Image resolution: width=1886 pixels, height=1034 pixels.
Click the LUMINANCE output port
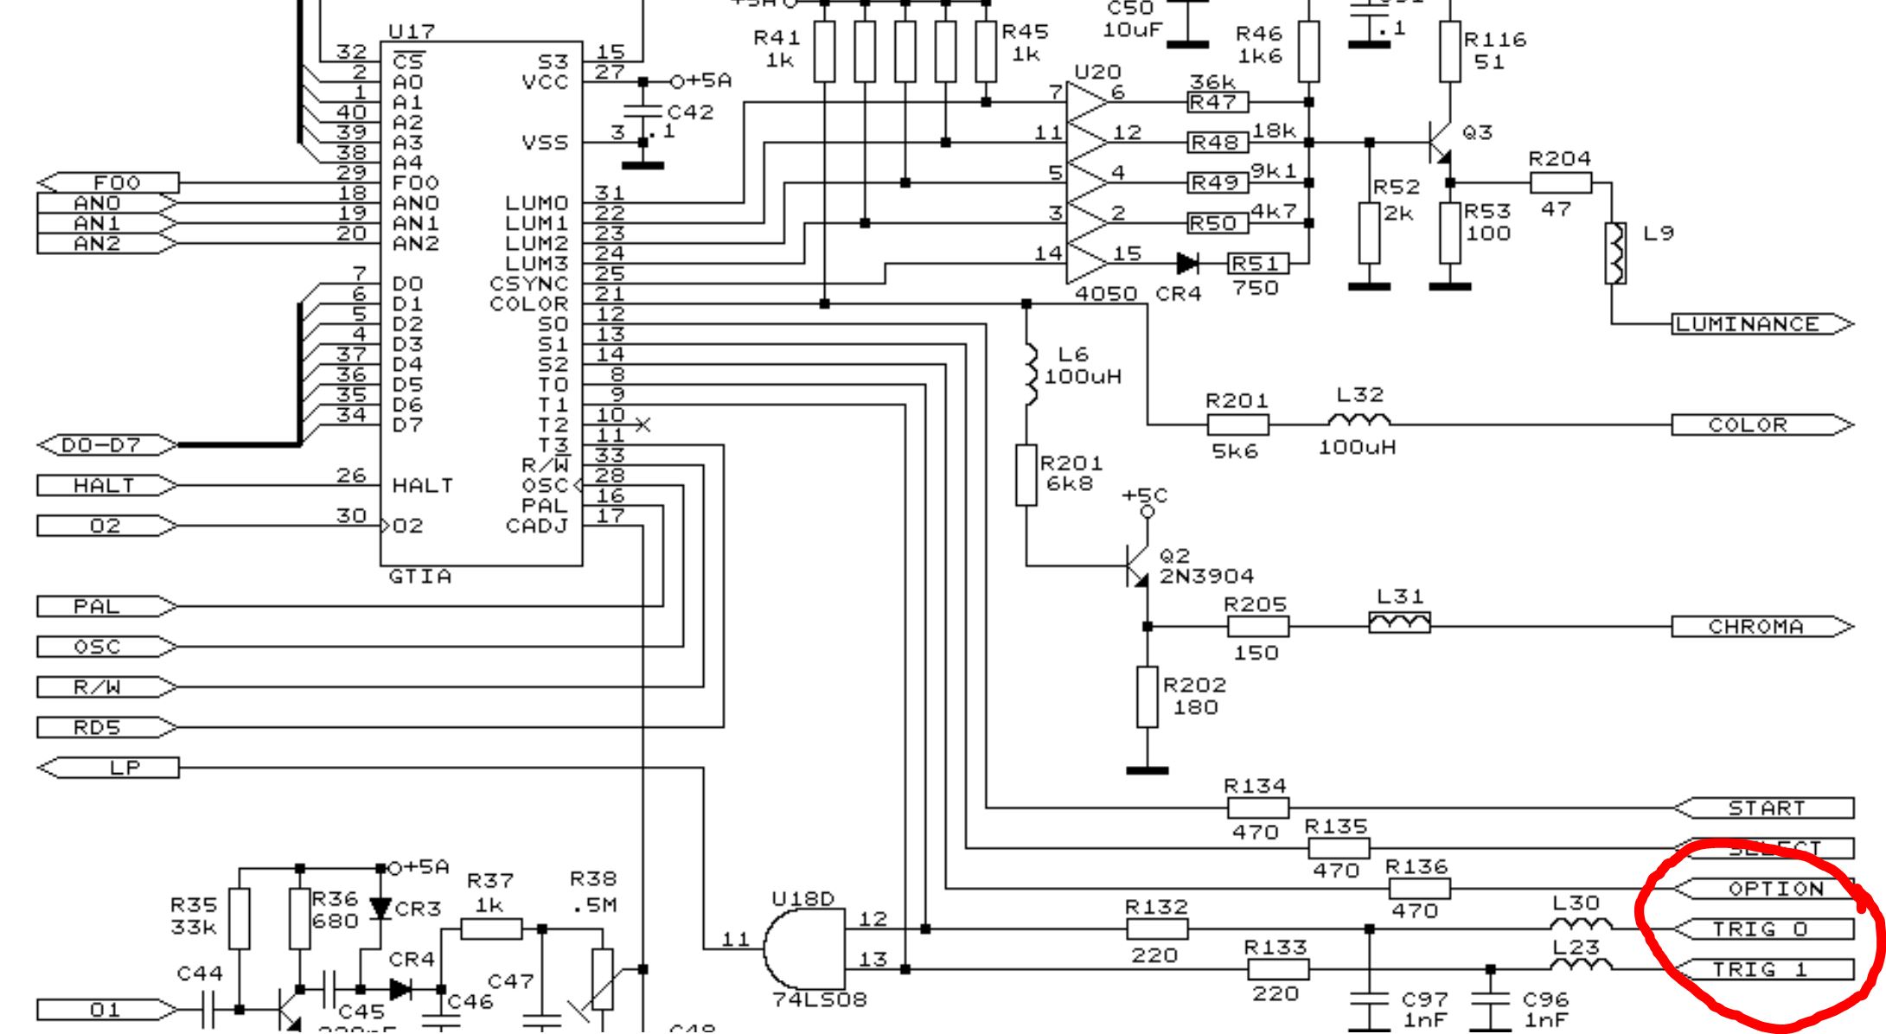(x=1761, y=324)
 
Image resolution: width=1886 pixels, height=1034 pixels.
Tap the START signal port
(x=1764, y=808)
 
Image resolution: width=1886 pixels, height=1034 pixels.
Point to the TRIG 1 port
(x=1764, y=970)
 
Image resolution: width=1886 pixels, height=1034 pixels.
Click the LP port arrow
(x=109, y=768)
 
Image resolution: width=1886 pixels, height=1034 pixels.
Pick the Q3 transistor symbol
(x=1441, y=142)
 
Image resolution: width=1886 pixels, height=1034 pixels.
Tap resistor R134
(x=1258, y=808)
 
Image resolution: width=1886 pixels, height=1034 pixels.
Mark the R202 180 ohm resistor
(x=1148, y=697)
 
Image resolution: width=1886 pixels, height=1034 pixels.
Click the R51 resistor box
(x=1258, y=264)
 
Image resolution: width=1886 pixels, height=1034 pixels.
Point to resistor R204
(x=1561, y=182)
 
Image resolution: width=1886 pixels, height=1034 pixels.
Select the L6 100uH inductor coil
(x=1028, y=375)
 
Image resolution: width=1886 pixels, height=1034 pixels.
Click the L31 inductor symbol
(x=1399, y=622)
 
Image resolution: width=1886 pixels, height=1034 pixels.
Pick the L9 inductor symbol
(x=1614, y=252)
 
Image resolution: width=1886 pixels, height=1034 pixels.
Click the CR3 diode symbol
(x=380, y=908)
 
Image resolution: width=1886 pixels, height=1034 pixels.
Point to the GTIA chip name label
(x=420, y=577)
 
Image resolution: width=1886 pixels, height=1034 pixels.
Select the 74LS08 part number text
(x=819, y=1000)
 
